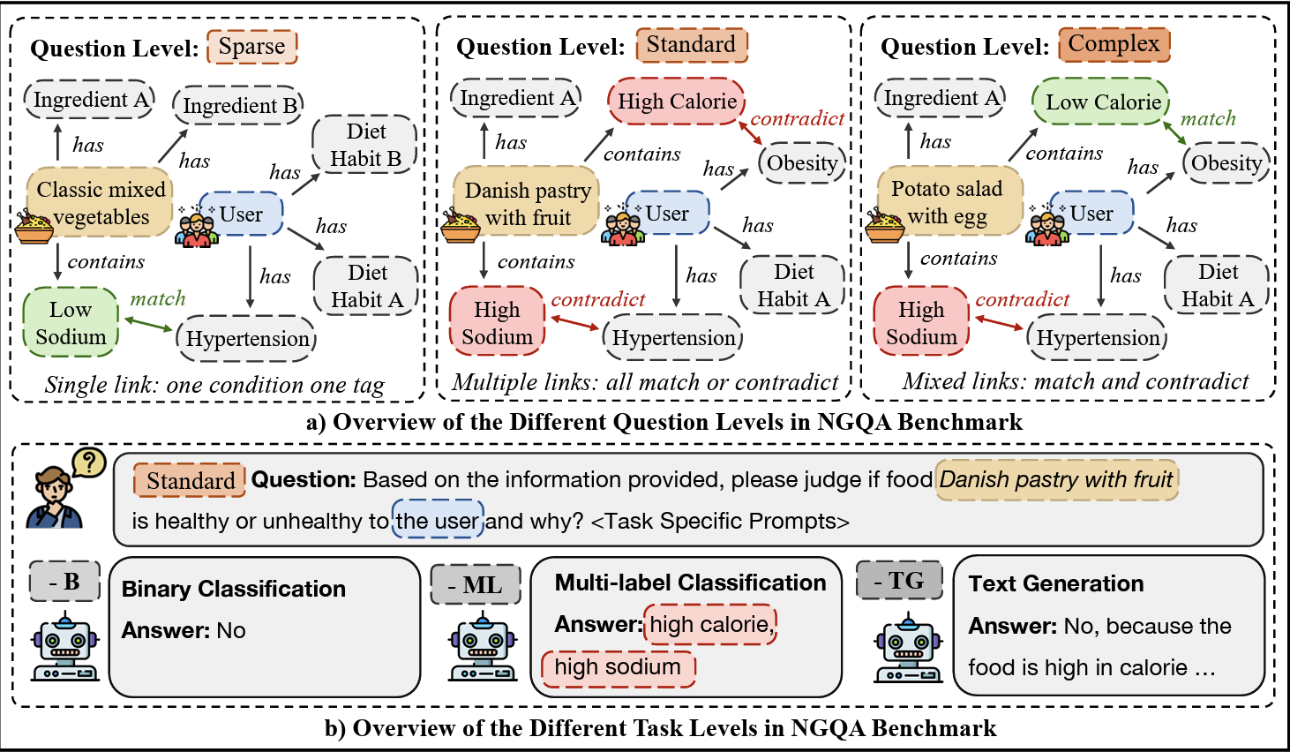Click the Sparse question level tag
[x=252, y=47]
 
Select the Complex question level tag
[x=1114, y=44]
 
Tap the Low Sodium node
[x=71, y=323]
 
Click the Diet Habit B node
[x=365, y=145]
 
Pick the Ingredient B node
[x=238, y=106]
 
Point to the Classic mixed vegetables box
[x=101, y=203]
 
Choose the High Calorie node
[x=677, y=102]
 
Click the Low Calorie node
[x=1102, y=102]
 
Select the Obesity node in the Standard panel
[x=801, y=163]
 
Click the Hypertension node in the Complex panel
[x=1097, y=338]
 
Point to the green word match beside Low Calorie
[x=1208, y=118]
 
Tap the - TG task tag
[x=899, y=581]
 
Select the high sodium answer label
[x=618, y=667]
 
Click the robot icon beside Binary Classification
[x=64, y=648]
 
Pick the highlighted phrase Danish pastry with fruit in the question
[x=1056, y=480]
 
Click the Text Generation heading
[x=1055, y=583]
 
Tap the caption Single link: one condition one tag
[x=214, y=386]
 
